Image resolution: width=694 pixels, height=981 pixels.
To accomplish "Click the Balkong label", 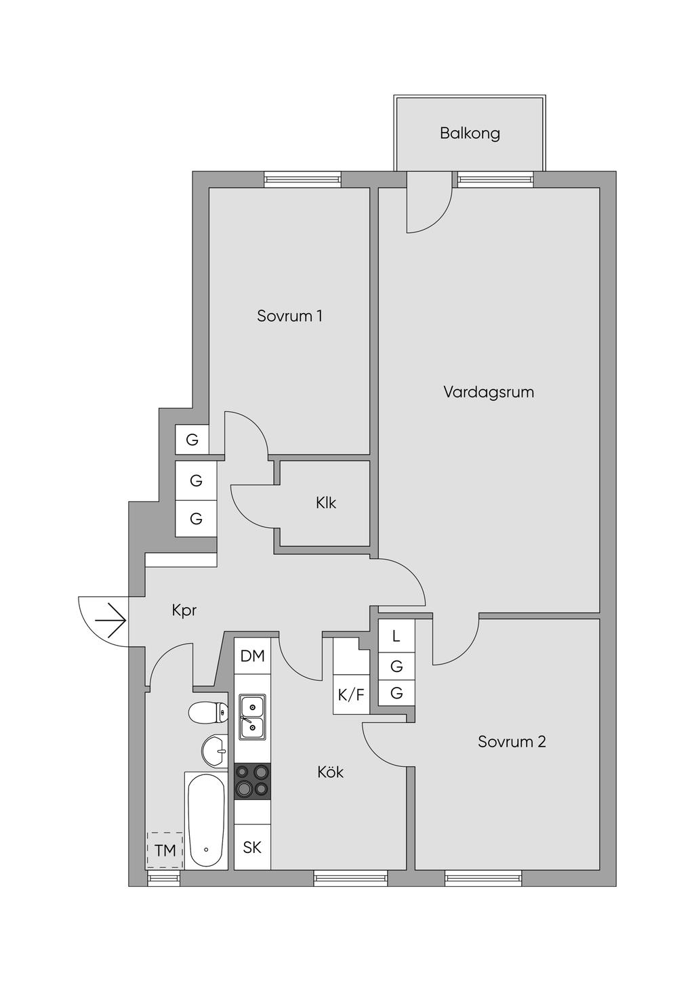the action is click(470, 133).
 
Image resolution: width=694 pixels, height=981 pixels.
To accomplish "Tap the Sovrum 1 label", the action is click(289, 316).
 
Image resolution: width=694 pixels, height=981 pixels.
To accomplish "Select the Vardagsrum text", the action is click(489, 392).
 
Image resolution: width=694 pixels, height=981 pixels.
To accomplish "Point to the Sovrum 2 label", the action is click(512, 741).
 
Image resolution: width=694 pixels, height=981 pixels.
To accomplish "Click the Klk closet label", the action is click(326, 503).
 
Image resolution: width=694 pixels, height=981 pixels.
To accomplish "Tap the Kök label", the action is click(330, 772).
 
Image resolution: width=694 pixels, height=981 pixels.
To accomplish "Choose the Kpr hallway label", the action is click(184, 610).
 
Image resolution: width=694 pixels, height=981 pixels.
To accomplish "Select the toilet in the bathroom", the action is click(208, 713).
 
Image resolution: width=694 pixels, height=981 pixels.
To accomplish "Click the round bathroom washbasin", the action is click(215, 751).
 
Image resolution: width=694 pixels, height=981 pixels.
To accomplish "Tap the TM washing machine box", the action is click(165, 850).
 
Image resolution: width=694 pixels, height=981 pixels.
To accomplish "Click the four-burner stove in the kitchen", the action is click(252, 781).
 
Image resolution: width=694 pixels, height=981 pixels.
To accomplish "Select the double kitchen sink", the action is click(252, 717).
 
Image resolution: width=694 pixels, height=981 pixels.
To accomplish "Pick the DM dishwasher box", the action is click(253, 656).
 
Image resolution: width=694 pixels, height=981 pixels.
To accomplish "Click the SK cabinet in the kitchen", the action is click(252, 848).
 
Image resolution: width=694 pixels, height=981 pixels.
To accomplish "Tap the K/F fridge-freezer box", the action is click(351, 694).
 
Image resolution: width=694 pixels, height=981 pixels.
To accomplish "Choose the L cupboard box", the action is click(396, 636).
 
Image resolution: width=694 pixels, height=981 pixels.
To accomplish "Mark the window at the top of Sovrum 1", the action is click(303, 180).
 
